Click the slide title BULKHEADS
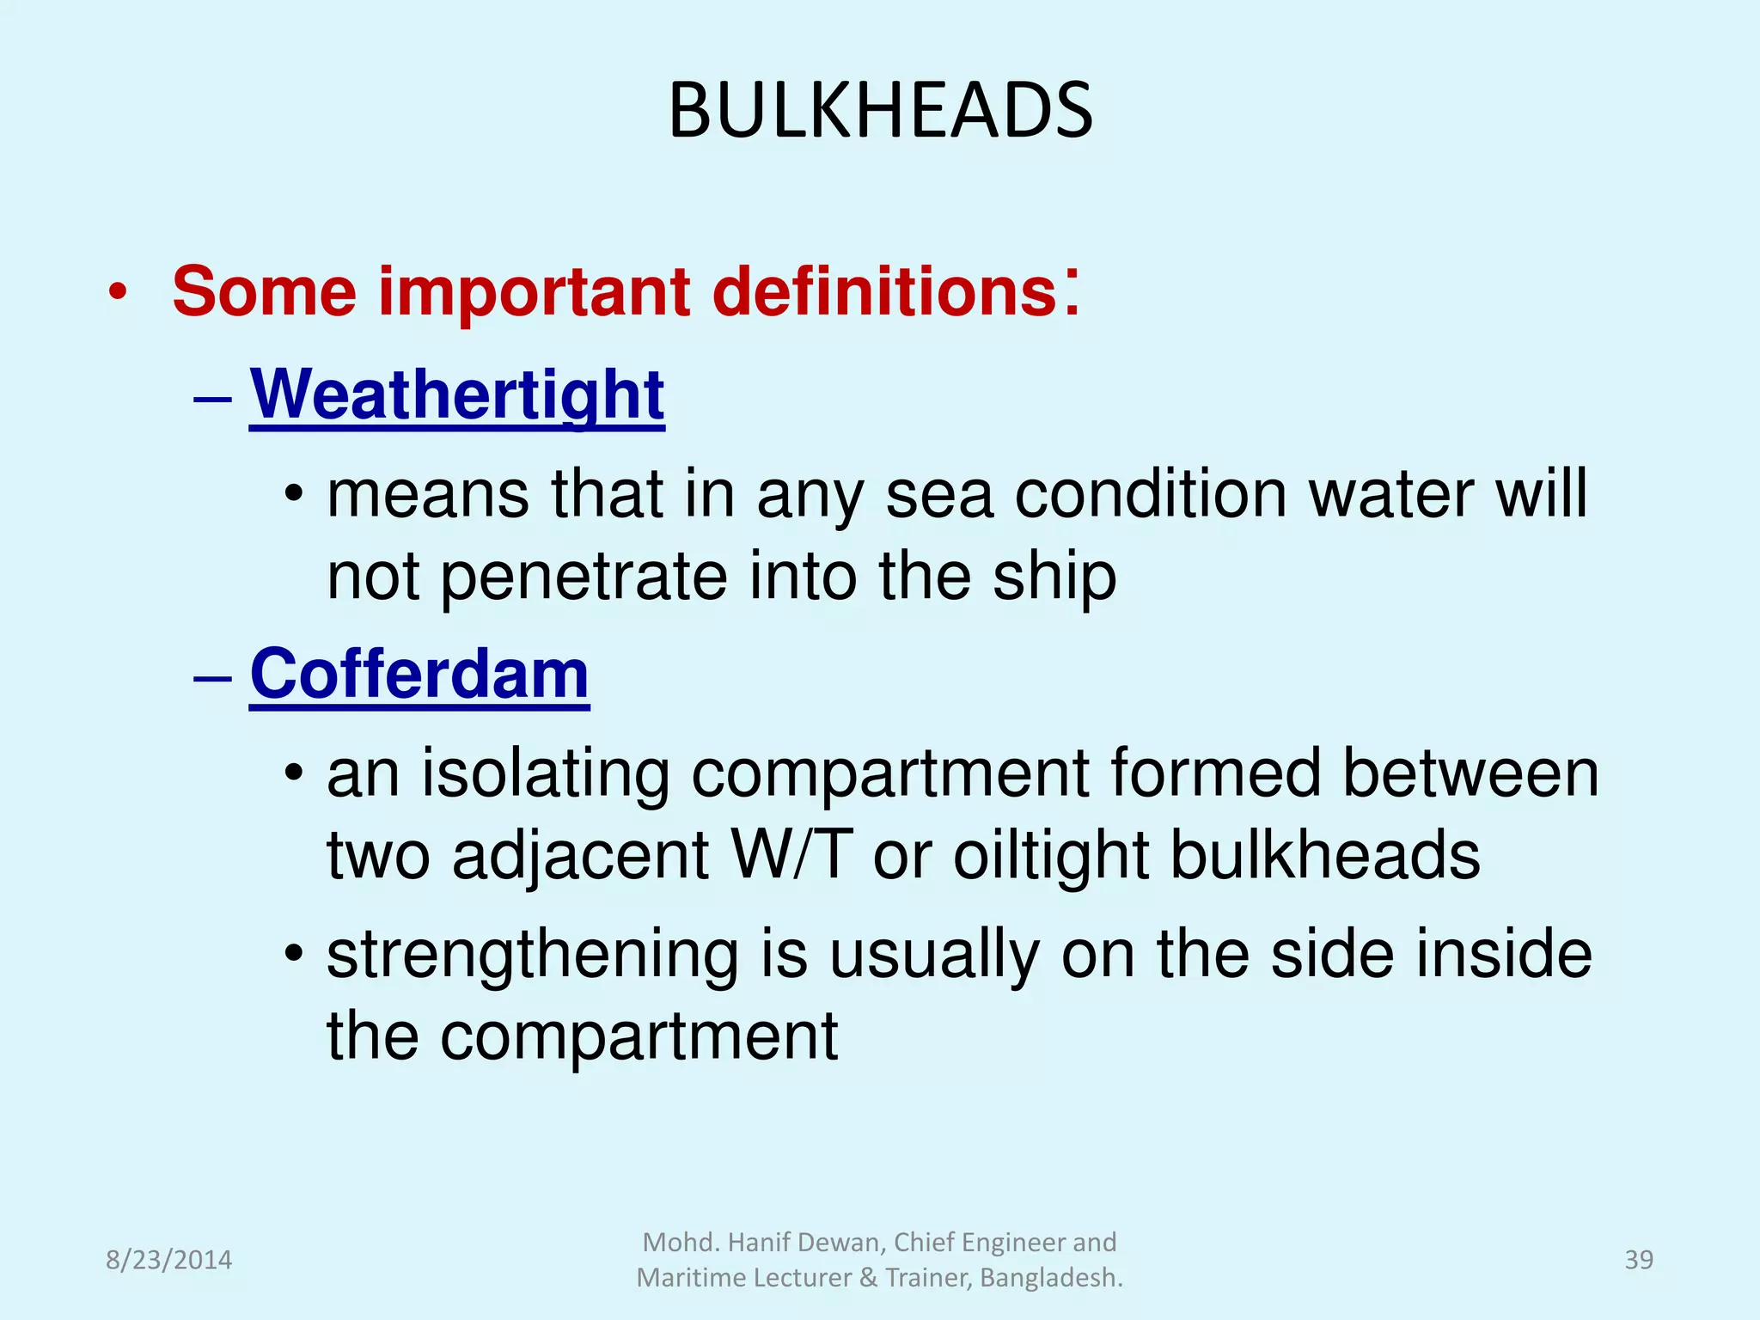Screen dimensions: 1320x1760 880,110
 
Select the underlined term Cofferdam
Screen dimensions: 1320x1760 419,674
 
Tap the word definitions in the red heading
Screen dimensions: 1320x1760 885,291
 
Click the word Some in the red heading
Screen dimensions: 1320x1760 264,291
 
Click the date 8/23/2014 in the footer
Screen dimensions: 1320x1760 168,1260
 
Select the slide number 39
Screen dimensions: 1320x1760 1638,1260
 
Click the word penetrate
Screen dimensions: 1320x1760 584,577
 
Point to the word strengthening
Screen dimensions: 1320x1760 533,956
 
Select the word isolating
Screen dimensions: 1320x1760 545,773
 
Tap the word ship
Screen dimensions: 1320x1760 1054,577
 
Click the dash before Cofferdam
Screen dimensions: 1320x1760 213,677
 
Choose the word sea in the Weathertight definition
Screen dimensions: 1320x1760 939,495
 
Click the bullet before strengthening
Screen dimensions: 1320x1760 294,953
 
